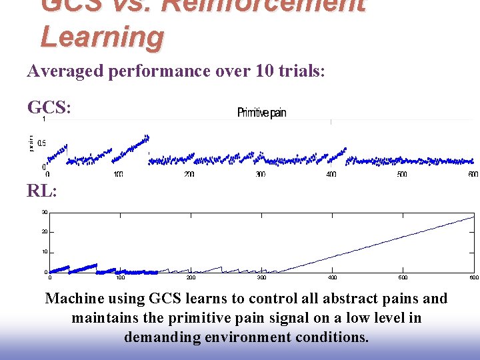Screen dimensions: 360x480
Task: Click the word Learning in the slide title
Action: [101, 37]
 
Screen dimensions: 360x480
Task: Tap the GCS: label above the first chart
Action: [48, 107]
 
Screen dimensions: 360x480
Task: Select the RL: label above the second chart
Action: [41, 191]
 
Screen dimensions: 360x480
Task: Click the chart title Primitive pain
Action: [261, 113]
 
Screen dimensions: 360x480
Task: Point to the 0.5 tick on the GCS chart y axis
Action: [41, 143]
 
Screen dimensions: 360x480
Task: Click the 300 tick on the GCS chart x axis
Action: [260, 175]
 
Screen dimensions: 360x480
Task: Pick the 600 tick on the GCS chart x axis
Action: [473, 175]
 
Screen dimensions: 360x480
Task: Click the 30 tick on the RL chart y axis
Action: [44, 213]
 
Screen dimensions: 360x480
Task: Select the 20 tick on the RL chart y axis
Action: [44, 232]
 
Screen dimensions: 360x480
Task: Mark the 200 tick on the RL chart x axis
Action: [191, 277]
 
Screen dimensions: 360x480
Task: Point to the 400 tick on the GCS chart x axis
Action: [331, 175]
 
